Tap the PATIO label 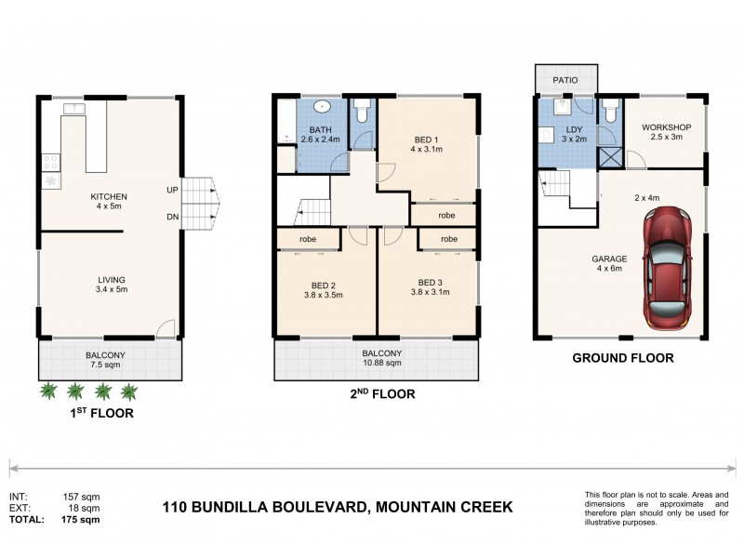tap(566, 80)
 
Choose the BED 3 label tap(433, 283)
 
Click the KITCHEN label tap(108, 196)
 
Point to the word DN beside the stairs tap(173, 218)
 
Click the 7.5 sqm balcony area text tap(108, 366)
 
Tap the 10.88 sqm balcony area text tap(380, 365)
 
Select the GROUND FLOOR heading tap(622, 357)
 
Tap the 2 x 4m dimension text tap(646, 198)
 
